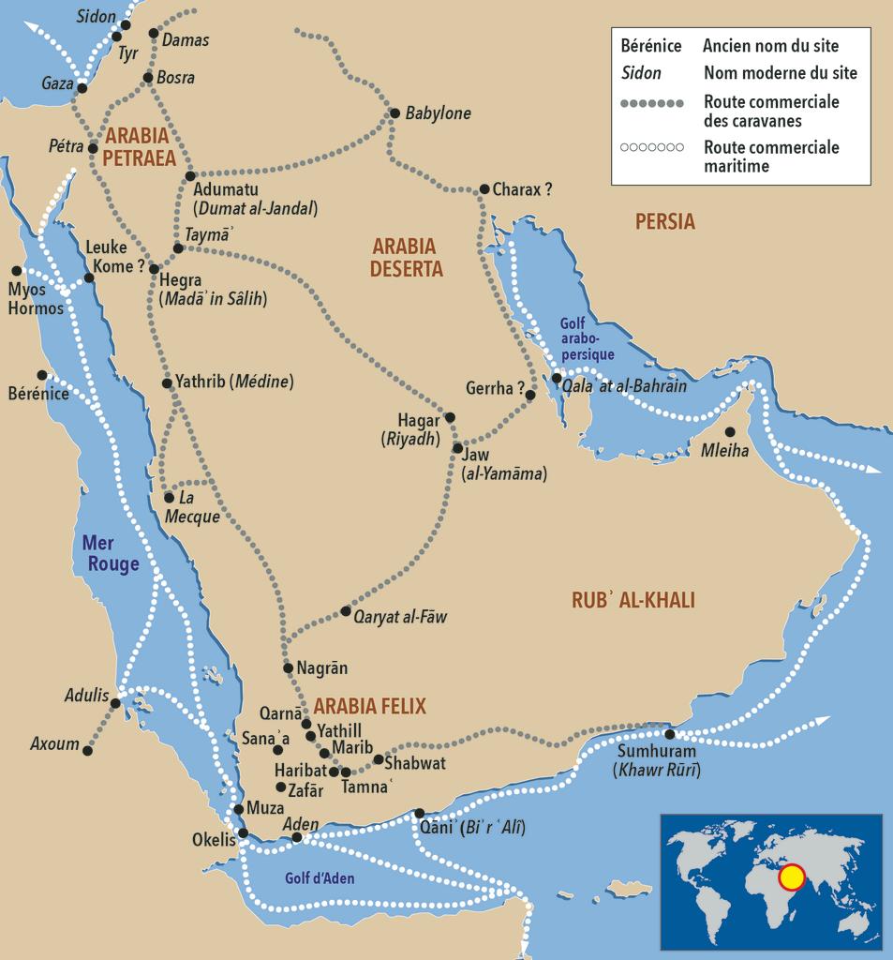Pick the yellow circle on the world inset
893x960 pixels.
(x=792, y=877)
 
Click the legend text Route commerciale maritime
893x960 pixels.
(x=770, y=157)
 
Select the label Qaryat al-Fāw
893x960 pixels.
(x=401, y=617)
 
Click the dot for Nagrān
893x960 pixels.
(x=289, y=667)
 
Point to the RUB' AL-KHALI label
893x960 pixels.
(x=633, y=601)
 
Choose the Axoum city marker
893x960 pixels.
(x=88, y=751)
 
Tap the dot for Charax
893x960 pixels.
(x=484, y=188)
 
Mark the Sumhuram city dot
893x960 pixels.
(x=670, y=734)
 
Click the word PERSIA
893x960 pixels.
(x=664, y=222)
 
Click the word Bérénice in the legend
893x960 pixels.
(x=650, y=46)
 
